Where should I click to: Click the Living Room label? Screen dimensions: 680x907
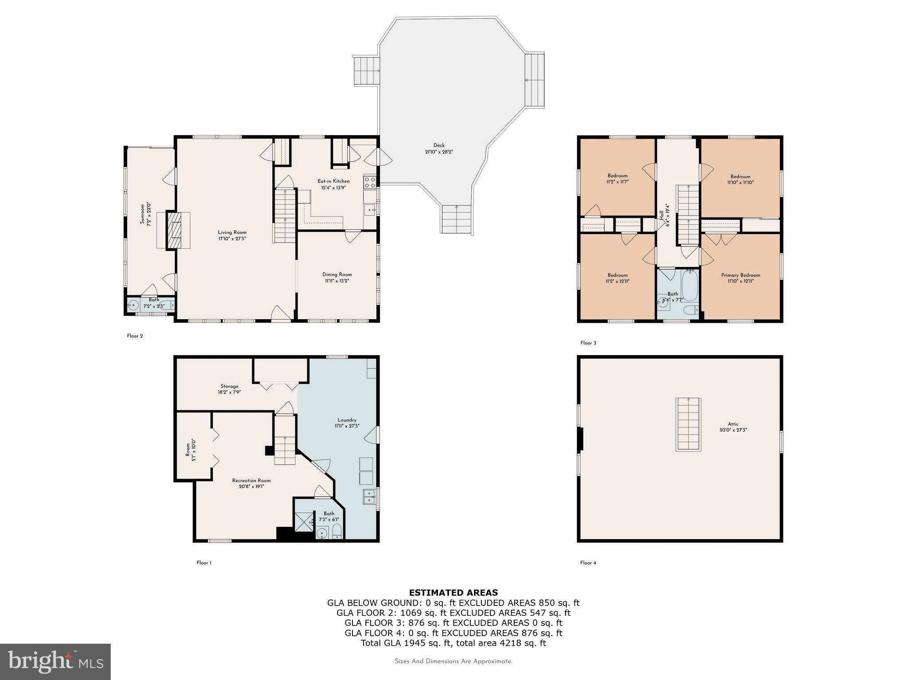232,232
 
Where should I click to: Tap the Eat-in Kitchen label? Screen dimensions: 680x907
333,181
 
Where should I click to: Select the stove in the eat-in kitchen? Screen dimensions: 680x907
370,182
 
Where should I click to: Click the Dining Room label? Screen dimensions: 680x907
337,274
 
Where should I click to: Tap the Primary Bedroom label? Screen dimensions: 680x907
740,275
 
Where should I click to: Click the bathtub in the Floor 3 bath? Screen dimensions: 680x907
689,286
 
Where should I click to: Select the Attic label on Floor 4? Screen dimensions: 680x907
733,424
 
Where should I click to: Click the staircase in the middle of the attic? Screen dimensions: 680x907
688,424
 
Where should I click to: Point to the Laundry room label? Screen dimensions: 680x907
346,420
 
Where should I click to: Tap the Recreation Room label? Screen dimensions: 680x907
251,480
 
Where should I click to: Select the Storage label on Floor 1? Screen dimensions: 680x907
229,386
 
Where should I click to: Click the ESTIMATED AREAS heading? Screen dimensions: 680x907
453,592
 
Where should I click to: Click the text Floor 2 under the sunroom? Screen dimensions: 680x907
135,336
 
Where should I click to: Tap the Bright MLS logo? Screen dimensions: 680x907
55,661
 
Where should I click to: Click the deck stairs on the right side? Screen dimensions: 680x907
535,80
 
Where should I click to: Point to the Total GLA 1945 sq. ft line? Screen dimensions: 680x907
453,643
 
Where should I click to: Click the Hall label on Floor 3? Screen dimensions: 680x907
662,215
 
